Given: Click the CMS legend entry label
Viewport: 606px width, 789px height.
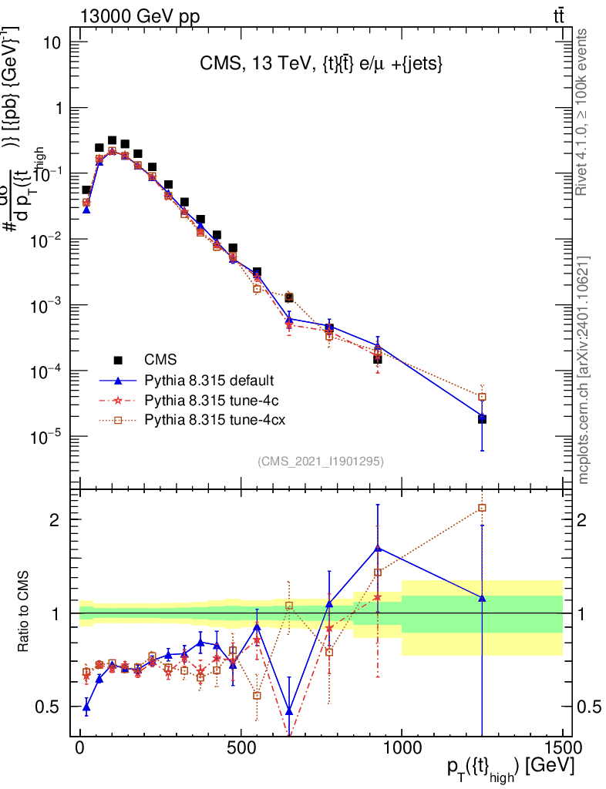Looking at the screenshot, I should [160, 359].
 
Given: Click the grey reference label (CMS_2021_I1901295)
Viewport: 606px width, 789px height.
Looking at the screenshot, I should [321, 462].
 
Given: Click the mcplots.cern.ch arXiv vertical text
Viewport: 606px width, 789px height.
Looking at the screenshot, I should [584, 370].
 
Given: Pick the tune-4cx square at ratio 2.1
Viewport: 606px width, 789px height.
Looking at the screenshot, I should [482, 508].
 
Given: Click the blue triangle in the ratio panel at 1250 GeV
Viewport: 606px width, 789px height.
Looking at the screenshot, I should [482, 597].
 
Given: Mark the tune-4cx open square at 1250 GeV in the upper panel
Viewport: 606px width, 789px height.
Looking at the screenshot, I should [482, 397].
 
